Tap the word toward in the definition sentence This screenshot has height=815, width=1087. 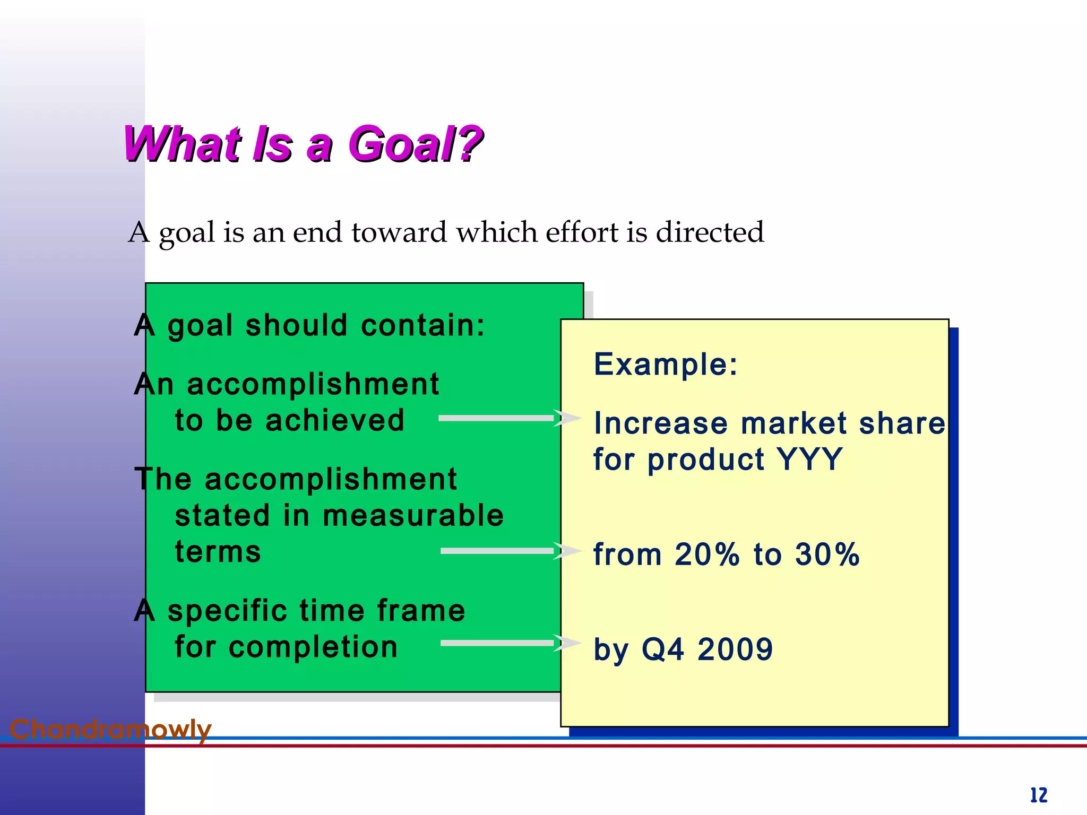click(x=399, y=232)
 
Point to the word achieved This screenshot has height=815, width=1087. click(x=335, y=420)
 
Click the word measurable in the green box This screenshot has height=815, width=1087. click(x=413, y=515)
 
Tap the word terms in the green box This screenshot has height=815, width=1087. click(x=218, y=552)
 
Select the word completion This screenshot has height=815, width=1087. click(x=313, y=647)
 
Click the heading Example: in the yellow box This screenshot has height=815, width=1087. click(x=666, y=365)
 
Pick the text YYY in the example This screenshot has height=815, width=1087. click(x=809, y=459)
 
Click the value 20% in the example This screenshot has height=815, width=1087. click(x=707, y=554)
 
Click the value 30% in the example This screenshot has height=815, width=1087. click(x=827, y=554)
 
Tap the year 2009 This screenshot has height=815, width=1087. click(x=735, y=649)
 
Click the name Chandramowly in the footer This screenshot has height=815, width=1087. click(x=110, y=730)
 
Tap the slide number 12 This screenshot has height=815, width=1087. click(x=1039, y=795)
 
